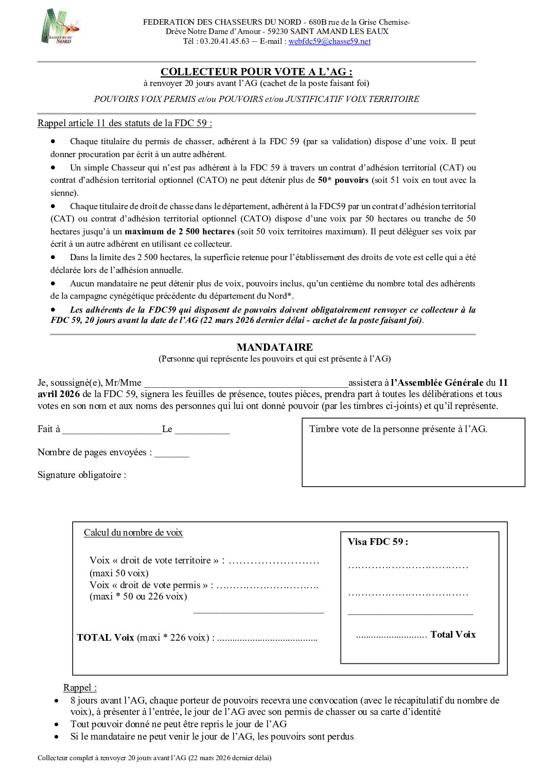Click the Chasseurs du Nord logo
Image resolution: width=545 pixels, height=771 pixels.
(x=60, y=26)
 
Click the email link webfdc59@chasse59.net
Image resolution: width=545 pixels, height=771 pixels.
(x=329, y=41)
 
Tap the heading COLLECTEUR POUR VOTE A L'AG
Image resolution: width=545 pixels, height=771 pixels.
(x=256, y=72)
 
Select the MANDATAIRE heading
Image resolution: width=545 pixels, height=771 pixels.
(x=274, y=347)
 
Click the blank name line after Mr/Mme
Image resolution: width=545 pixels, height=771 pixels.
(x=246, y=383)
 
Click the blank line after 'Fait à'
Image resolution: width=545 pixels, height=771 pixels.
(x=112, y=430)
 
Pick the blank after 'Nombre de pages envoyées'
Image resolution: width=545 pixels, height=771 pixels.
(x=172, y=453)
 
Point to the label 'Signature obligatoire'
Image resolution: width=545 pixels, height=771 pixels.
(x=81, y=475)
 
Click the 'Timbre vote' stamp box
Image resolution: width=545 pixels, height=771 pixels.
(x=413, y=452)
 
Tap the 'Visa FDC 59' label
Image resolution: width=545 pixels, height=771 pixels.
(x=377, y=542)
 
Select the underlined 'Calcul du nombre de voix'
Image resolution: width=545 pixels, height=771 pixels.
(x=133, y=533)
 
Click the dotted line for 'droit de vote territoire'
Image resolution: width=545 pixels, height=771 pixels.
(x=274, y=561)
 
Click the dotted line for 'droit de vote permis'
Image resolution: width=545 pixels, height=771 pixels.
(x=267, y=586)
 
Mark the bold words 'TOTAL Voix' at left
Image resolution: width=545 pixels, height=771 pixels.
(x=106, y=638)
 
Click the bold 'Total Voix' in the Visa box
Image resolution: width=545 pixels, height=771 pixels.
(x=453, y=635)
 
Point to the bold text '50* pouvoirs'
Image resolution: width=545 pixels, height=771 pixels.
(x=343, y=180)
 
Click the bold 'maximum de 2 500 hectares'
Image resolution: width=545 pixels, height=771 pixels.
(x=180, y=232)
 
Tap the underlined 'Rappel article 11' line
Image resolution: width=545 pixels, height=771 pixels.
(x=125, y=123)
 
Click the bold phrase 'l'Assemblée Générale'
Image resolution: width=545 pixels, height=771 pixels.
(x=437, y=383)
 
